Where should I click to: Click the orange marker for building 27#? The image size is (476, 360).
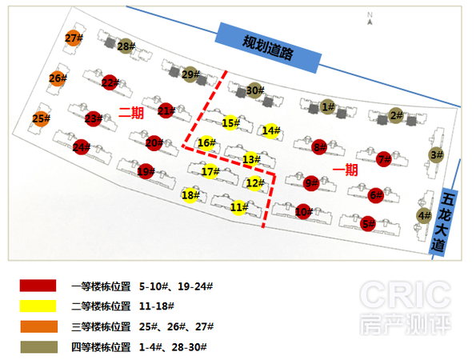pyautogui.click(x=73, y=38)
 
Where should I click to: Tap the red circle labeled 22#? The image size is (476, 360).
pyautogui.click(x=110, y=82)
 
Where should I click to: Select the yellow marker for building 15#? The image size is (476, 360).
pyautogui.click(x=230, y=123)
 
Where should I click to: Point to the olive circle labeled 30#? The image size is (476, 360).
pyautogui.click(x=254, y=90)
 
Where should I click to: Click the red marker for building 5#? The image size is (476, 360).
pyautogui.click(x=368, y=224)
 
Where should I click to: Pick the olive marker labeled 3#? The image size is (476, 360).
pyautogui.click(x=436, y=155)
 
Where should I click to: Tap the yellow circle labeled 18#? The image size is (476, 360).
pyautogui.click(x=190, y=195)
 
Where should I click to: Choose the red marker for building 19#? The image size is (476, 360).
pyautogui.click(x=146, y=171)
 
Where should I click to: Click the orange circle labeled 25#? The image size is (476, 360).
pyautogui.click(x=41, y=118)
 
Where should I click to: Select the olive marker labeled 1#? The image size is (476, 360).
pyautogui.click(x=327, y=107)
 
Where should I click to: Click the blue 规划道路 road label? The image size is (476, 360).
pyautogui.click(x=268, y=48)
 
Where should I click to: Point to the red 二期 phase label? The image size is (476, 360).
pyautogui.click(x=131, y=114)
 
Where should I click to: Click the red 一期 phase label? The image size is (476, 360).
pyautogui.click(x=345, y=170)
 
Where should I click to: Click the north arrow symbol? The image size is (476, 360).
pyautogui.click(x=370, y=18)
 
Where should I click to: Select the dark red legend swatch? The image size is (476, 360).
pyautogui.click(x=38, y=286)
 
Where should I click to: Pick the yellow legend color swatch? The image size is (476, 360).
pyautogui.click(x=38, y=306)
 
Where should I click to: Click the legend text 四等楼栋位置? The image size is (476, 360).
pyautogui.click(x=101, y=347)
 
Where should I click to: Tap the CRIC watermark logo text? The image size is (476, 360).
pyautogui.click(x=406, y=295)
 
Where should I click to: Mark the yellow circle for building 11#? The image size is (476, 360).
pyautogui.click(x=238, y=208)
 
